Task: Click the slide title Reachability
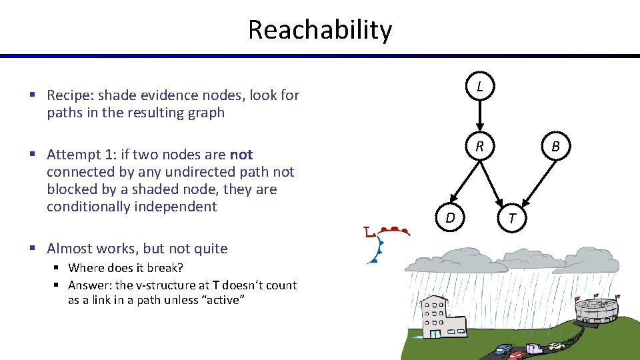click(320, 30)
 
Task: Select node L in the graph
click(479, 87)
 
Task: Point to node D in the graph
click(451, 217)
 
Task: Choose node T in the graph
click(511, 217)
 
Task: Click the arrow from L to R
click(479, 117)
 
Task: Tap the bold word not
click(241, 155)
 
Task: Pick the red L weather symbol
click(369, 233)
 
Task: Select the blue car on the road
click(504, 349)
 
